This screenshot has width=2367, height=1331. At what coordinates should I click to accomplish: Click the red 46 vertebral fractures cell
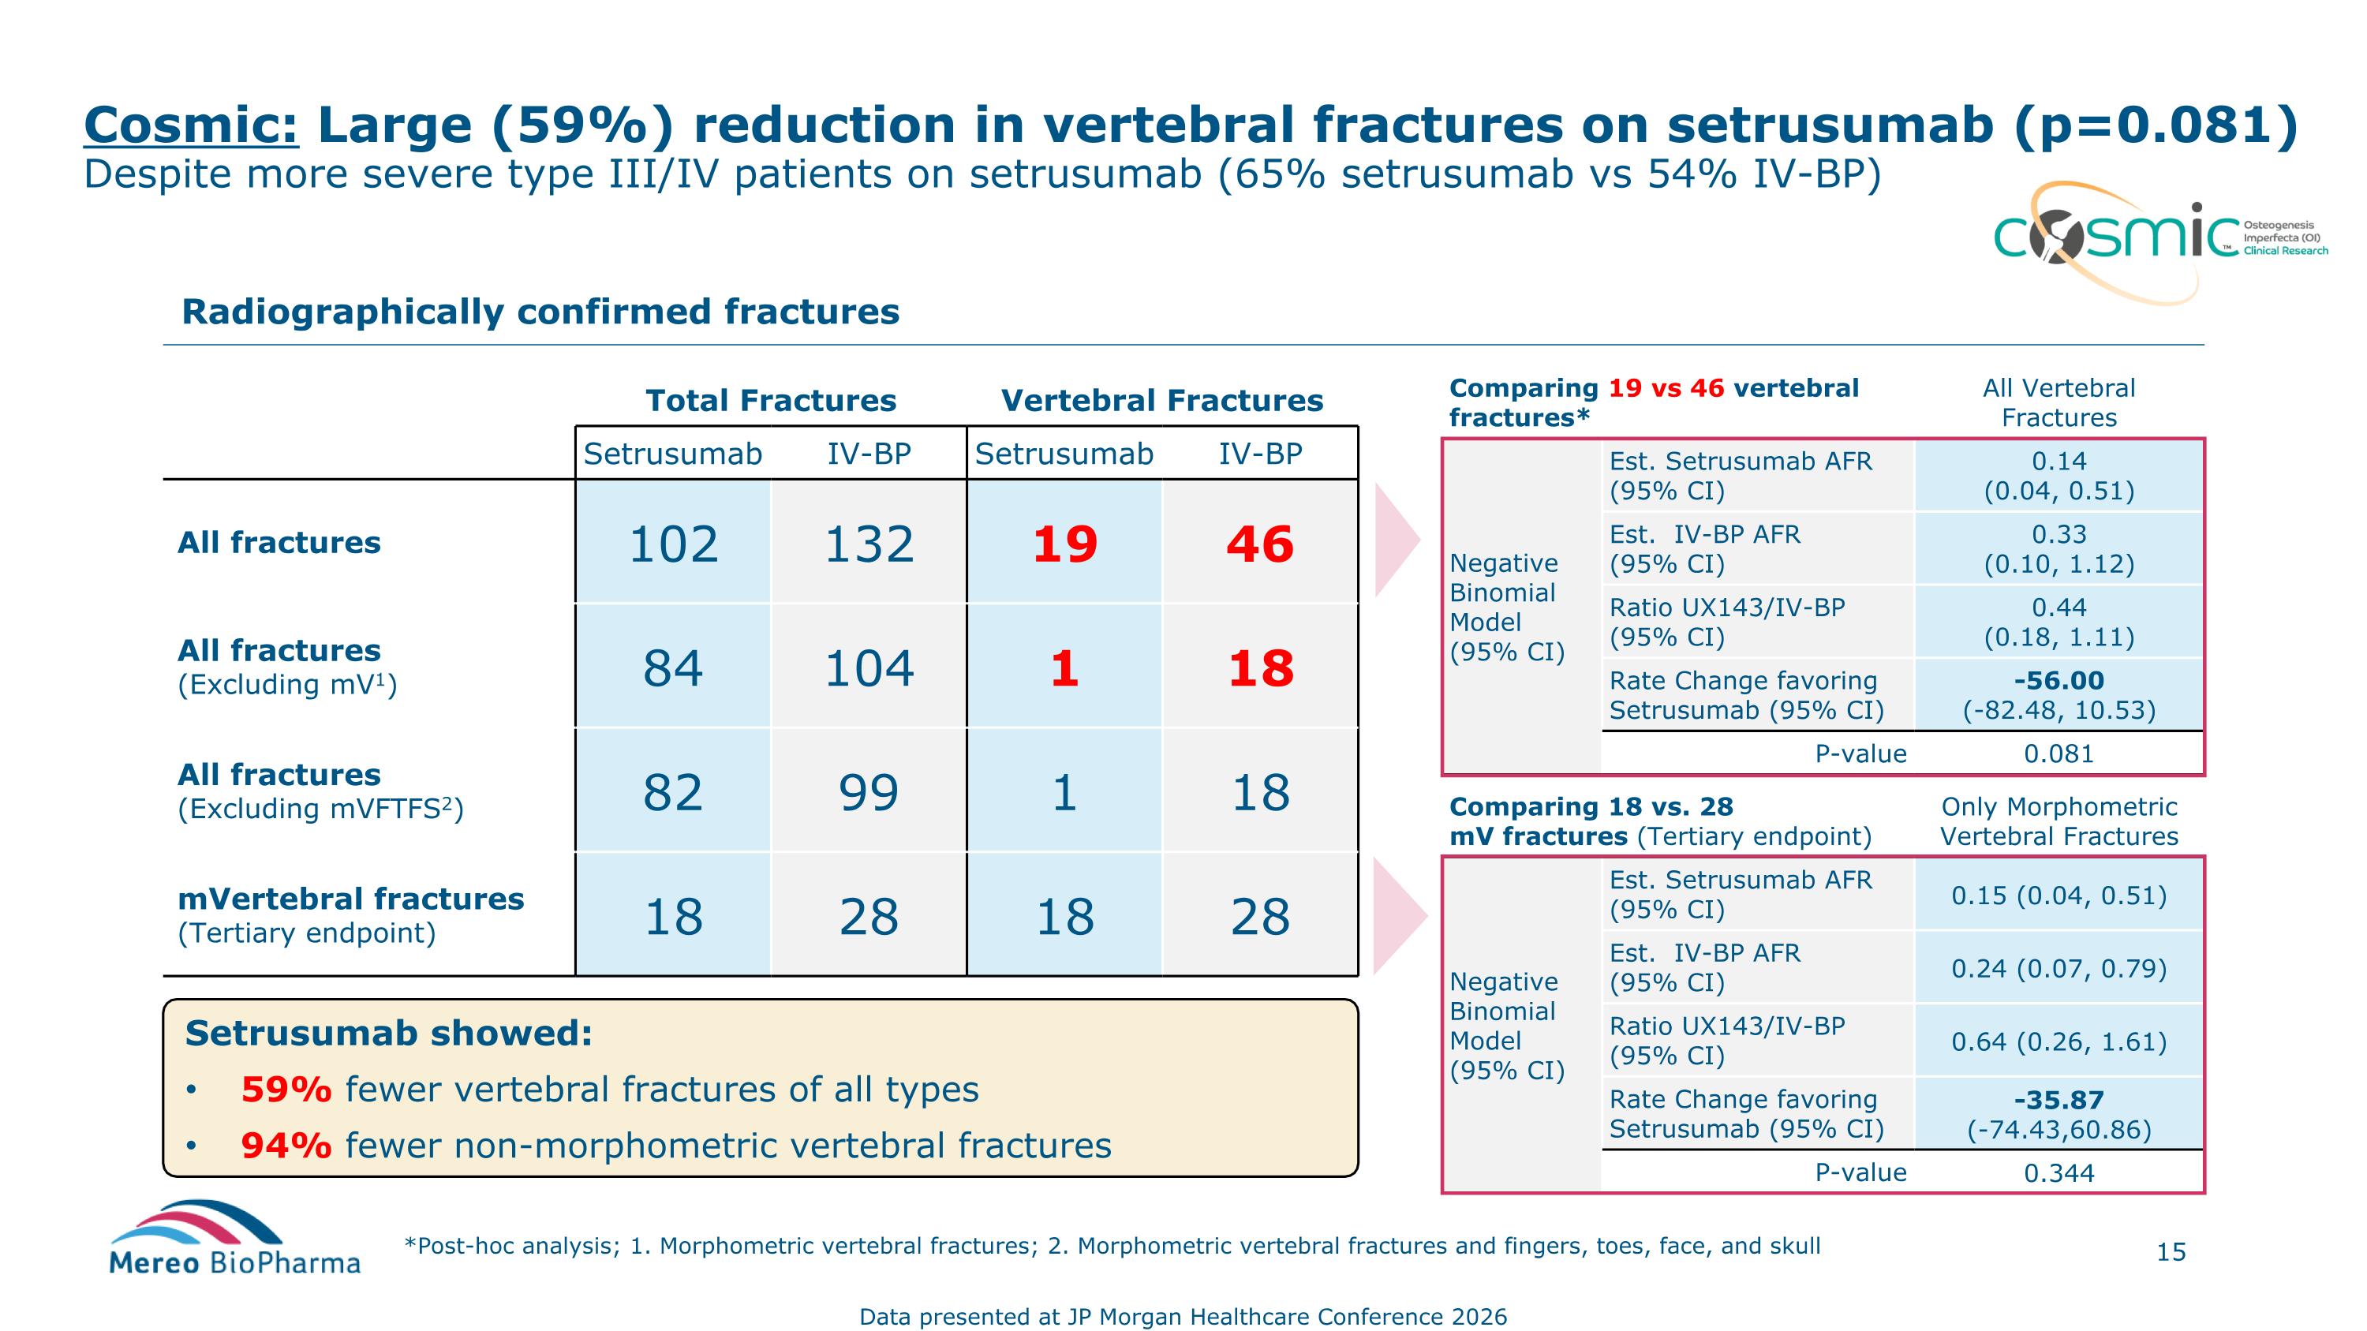pyautogui.click(x=1260, y=544)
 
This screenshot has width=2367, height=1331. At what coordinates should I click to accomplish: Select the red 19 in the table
pyautogui.click(x=1064, y=544)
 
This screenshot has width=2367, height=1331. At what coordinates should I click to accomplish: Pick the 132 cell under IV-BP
pyautogui.click(x=869, y=544)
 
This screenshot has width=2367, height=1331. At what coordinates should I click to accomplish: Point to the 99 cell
pyautogui.click(x=869, y=792)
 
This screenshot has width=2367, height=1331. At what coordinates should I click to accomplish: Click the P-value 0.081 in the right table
pyautogui.click(x=2059, y=754)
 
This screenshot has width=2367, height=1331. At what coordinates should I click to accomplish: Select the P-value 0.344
pyautogui.click(x=2059, y=1173)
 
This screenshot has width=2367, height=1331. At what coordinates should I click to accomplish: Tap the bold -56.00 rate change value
pyautogui.click(x=2059, y=681)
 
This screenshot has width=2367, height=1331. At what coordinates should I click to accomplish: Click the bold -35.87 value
pyautogui.click(x=2059, y=1100)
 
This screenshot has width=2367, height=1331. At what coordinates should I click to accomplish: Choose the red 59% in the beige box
pyautogui.click(x=286, y=1090)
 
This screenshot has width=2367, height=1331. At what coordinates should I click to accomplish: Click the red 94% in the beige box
pyautogui.click(x=286, y=1146)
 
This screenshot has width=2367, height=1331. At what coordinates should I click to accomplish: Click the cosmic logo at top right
pyautogui.click(x=2141, y=236)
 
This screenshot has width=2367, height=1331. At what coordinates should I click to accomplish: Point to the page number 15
pyautogui.click(x=2171, y=1252)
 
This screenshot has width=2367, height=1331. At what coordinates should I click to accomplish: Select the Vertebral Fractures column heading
pyautogui.click(x=1161, y=401)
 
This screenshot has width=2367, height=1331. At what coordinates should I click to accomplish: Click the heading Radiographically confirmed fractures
pyautogui.click(x=540, y=312)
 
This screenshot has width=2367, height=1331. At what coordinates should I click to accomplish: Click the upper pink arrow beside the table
pyautogui.click(x=1396, y=540)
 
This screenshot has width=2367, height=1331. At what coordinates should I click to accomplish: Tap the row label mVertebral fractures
pyautogui.click(x=350, y=899)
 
